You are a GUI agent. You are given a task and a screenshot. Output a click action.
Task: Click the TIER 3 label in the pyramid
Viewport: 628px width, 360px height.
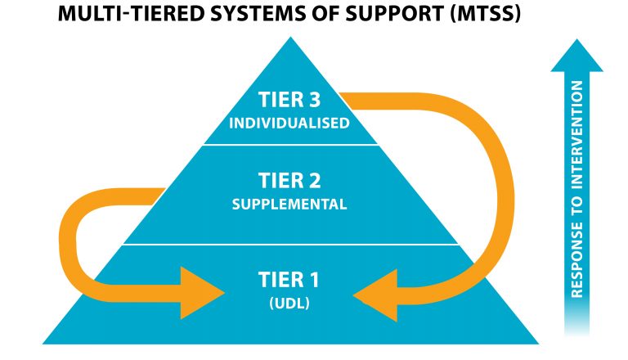click(x=290, y=101)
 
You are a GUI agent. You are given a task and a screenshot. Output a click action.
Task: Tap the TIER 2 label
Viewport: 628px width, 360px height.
click(x=290, y=180)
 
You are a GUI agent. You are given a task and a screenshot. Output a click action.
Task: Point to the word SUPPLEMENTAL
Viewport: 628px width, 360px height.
click(x=290, y=204)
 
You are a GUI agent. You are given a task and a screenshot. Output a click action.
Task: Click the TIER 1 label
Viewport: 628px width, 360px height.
click(x=290, y=281)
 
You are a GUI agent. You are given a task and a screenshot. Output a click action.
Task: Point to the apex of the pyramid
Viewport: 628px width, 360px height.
click(x=290, y=38)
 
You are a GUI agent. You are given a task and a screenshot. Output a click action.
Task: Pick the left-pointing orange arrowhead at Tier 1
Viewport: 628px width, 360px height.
click(x=379, y=291)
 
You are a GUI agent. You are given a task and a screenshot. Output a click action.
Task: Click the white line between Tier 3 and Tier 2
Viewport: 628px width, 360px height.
click(x=290, y=146)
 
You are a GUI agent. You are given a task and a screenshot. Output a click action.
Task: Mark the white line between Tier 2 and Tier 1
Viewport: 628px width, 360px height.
click(x=290, y=244)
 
